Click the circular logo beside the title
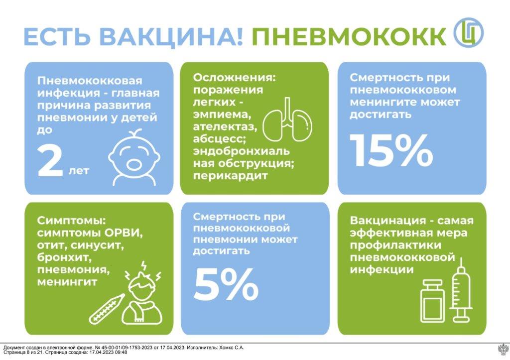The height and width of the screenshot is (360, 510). tap(469, 32)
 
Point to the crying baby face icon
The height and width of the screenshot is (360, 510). tap(134, 158)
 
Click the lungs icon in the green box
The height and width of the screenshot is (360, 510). tap(287, 120)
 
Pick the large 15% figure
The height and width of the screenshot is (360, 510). tap(391, 150)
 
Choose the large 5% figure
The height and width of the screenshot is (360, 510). tap(226, 284)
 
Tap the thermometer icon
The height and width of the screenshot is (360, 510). tap(107, 308)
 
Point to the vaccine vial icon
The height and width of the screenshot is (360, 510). tap(432, 301)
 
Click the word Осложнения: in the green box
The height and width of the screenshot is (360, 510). tap(234, 78)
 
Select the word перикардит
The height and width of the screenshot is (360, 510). tap(230, 176)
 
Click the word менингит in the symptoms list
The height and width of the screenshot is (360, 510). tap(67, 281)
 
